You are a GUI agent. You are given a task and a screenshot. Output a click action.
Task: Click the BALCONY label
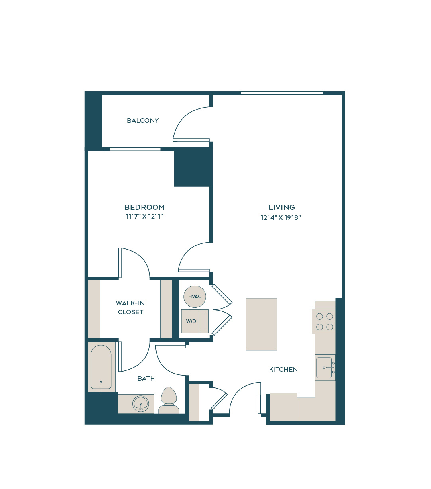pyautogui.click(x=143, y=120)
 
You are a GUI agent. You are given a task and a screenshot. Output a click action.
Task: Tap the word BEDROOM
pyautogui.click(x=145, y=207)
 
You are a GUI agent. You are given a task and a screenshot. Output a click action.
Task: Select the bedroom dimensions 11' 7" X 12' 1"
pyautogui.click(x=145, y=217)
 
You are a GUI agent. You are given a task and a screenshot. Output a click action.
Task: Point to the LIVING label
pyautogui.click(x=281, y=207)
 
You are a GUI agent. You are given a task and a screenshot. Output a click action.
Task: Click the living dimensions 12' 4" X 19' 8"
pyautogui.click(x=281, y=218)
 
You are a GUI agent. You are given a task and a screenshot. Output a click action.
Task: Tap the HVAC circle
pyautogui.click(x=195, y=296)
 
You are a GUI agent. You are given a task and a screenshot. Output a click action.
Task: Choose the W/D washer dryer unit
pyautogui.click(x=195, y=321)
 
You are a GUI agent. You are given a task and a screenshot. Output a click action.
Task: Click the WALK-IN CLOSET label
pyautogui.click(x=130, y=307)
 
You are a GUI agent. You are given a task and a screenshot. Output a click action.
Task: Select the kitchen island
pyautogui.click(x=261, y=324)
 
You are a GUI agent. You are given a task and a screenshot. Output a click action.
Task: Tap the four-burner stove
pyautogui.click(x=324, y=321)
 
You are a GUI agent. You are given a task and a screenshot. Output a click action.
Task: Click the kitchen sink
pyautogui.click(x=325, y=368)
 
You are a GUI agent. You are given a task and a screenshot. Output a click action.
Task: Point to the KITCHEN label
pyautogui.click(x=283, y=370)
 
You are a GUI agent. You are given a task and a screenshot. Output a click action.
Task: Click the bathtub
pyautogui.click(x=101, y=367)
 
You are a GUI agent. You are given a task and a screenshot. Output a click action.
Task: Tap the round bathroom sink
pyautogui.click(x=140, y=403)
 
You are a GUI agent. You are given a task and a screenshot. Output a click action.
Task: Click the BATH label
pyautogui.click(x=146, y=379)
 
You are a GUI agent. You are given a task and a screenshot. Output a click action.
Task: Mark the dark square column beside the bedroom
pyautogui.click(x=193, y=167)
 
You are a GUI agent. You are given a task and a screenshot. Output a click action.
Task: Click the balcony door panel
pyautogui.click(x=191, y=140)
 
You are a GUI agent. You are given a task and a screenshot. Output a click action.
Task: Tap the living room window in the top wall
pyautogui.click(x=281, y=93)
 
